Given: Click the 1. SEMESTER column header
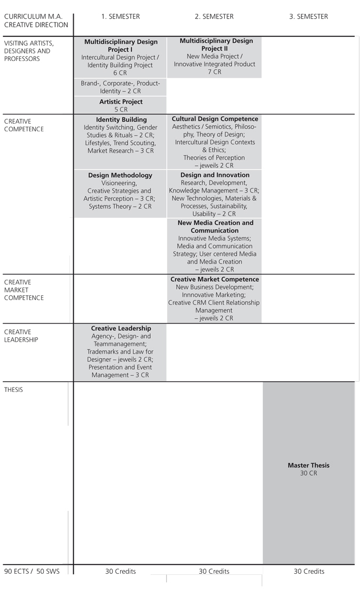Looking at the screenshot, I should (120, 17).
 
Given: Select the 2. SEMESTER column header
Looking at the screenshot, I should (214, 17).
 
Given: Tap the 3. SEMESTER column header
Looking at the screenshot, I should (308, 17).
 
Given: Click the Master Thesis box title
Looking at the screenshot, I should (308, 465).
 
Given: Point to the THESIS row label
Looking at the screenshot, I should (13, 390).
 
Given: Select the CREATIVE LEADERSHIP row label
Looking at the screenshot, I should (21, 336).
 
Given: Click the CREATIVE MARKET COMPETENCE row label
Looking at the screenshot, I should (25, 290).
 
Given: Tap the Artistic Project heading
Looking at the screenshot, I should (121, 101).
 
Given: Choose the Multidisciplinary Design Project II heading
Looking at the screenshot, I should (216, 44).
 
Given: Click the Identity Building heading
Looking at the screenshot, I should (121, 120).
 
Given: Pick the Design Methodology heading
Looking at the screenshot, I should (120, 175).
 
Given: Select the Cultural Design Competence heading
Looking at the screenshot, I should (215, 119).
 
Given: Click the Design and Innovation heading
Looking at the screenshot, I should (215, 175).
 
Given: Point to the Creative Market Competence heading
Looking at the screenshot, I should (215, 279).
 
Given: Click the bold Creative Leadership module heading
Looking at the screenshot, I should (121, 328).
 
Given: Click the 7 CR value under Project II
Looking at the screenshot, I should (214, 72).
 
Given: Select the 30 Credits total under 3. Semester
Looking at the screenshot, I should (309, 572).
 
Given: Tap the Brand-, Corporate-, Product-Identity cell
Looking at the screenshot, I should (120, 87).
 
